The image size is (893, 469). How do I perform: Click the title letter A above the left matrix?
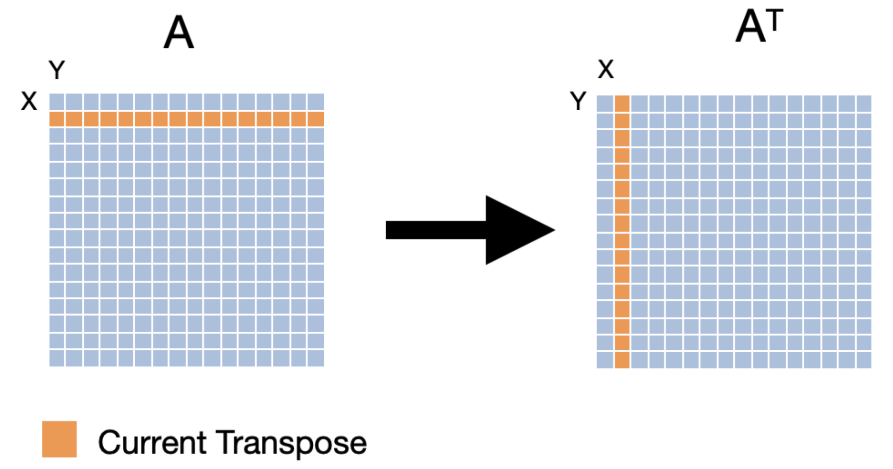[179, 32]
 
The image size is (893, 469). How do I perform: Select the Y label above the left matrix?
[57, 70]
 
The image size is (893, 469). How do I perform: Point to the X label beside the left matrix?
[29, 101]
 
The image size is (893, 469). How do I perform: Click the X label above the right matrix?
[606, 69]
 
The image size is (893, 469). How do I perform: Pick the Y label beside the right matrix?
[578, 101]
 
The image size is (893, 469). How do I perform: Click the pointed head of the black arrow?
[555, 230]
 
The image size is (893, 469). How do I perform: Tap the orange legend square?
[59, 439]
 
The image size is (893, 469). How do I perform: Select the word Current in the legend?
[152, 442]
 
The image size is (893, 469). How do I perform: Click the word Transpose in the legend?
[291, 443]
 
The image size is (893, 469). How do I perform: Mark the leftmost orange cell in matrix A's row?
[57, 119]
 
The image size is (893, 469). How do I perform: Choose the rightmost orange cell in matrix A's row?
[316, 119]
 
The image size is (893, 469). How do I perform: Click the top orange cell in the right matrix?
[622, 104]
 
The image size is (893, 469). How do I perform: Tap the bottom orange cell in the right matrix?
[622, 360]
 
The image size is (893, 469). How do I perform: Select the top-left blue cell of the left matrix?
[57, 102]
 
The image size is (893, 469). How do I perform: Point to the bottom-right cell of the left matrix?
[316, 358]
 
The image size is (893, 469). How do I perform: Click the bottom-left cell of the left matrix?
[57, 358]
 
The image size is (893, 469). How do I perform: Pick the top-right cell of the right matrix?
[864, 104]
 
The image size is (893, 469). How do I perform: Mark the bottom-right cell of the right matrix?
[864, 360]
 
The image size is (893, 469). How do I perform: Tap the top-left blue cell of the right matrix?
[605, 104]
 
